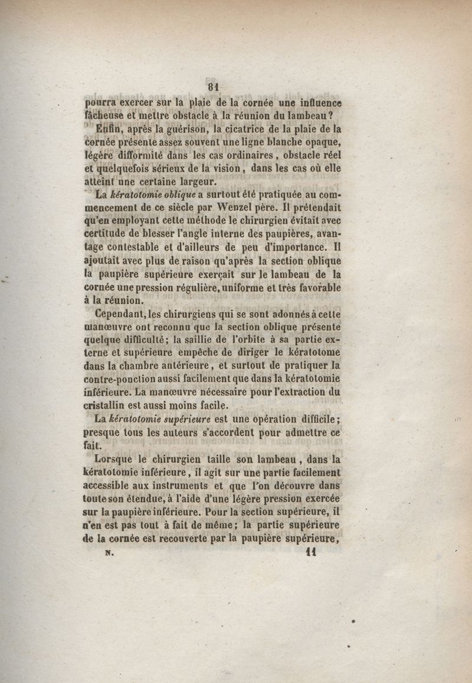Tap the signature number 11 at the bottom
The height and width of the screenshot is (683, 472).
click(x=312, y=553)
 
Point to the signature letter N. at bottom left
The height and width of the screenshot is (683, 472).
click(x=108, y=553)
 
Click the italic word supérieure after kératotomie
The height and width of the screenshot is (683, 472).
click(x=183, y=418)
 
